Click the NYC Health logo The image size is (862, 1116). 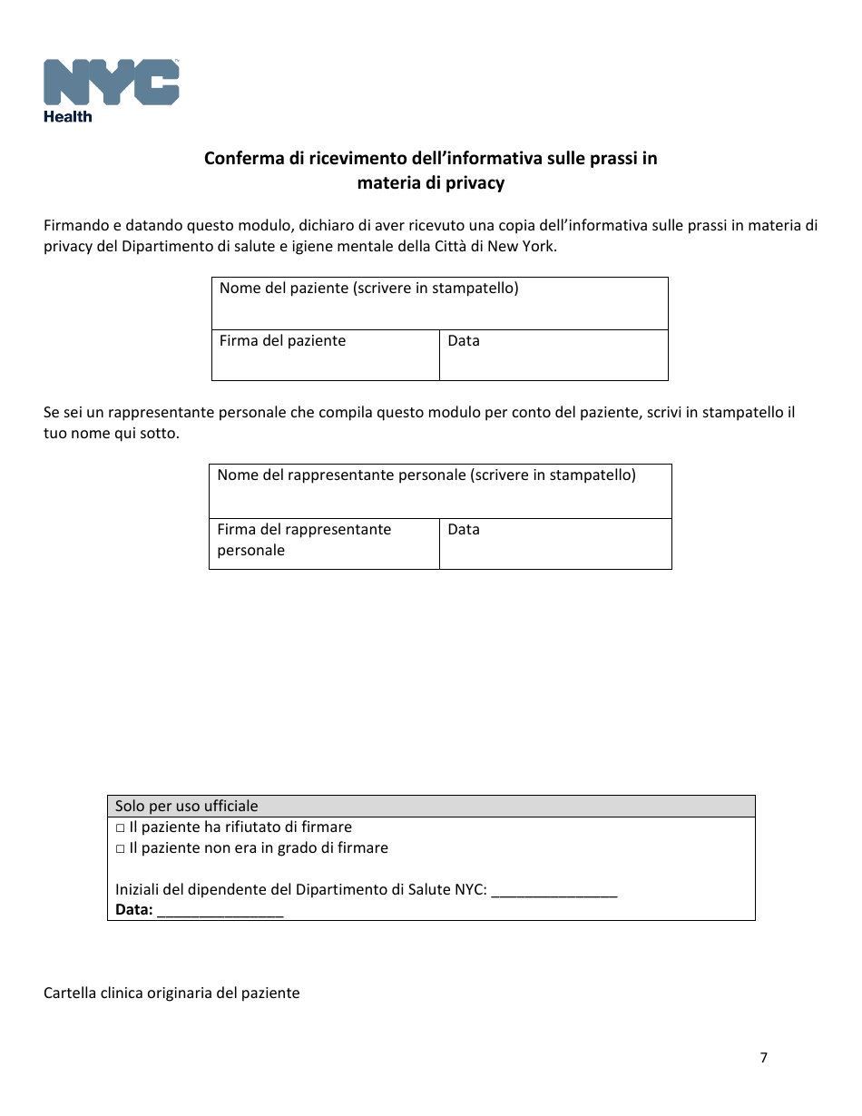[x=111, y=89]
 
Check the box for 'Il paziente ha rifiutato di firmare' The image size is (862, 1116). [x=120, y=828]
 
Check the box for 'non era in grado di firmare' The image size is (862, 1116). [x=120, y=849]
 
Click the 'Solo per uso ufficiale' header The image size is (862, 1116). [x=187, y=806]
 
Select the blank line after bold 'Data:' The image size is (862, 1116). [x=220, y=911]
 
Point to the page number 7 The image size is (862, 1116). [x=763, y=1057]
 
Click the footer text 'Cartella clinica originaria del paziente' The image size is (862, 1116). [x=171, y=993]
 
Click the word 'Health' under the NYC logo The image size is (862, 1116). [x=68, y=116]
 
